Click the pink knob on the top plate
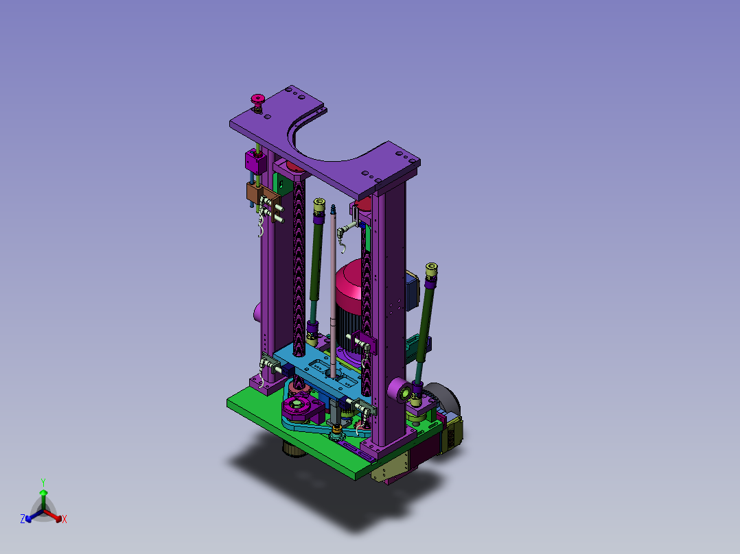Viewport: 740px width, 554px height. coord(257,99)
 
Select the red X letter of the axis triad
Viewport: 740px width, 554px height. coord(65,519)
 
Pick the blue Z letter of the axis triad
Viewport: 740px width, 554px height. coord(23,519)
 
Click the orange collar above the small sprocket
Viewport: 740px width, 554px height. coord(336,429)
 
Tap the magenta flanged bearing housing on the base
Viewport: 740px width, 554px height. coord(302,409)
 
